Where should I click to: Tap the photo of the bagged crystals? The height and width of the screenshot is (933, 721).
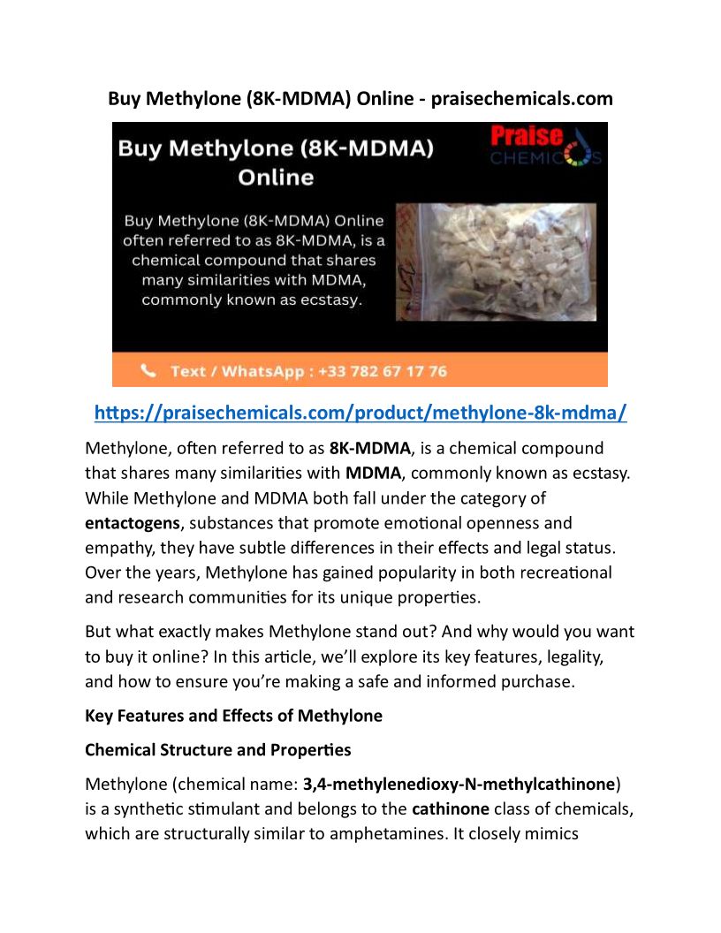495,262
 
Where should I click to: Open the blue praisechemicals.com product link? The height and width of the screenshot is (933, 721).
360,413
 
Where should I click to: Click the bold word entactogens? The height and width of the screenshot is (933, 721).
132,523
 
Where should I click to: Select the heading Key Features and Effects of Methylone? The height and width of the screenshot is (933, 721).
233,716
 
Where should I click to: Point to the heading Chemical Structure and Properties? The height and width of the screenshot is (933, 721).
217,750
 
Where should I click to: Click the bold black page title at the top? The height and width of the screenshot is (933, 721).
360,98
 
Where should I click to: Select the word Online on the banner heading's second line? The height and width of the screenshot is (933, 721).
276,177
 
